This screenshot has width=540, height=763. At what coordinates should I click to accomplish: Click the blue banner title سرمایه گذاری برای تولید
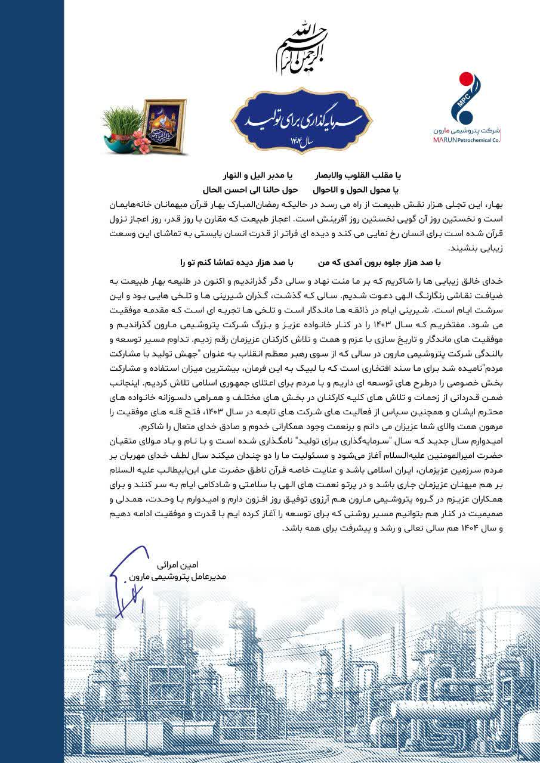pos(301,120)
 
